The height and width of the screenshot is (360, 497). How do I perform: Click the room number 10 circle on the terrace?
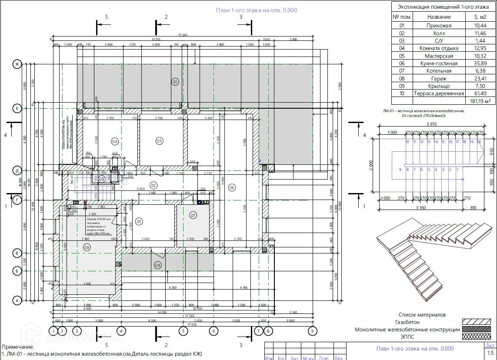point(175,81)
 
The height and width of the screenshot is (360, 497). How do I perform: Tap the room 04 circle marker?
point(115,141)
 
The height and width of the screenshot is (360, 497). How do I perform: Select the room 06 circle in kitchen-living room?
point(232,187)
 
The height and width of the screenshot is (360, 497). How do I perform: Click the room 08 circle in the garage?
point(86,247)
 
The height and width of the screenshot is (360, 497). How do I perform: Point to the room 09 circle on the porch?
point(158,265)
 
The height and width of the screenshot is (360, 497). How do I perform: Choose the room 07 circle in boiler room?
point(193,215)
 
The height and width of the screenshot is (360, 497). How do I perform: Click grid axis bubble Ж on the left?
point(17,64)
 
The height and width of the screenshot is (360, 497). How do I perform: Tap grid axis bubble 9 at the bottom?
point(312,331)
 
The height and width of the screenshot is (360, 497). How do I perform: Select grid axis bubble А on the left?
point(17,300)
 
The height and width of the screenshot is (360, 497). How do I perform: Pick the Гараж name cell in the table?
point(439,79)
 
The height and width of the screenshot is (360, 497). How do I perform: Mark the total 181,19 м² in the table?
point(479,101)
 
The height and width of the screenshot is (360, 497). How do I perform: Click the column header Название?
point(439,17)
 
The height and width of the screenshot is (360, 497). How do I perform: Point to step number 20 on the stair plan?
point(479,142)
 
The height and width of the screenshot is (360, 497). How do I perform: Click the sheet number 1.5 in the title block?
point(490,353)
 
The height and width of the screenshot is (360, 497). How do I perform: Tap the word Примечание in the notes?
point(18,347)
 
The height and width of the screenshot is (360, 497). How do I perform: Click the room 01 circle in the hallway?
point(140,221)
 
